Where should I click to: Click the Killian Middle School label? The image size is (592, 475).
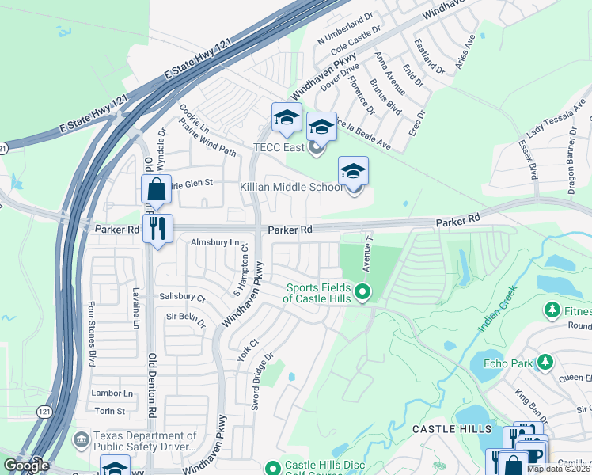tap(291, 187)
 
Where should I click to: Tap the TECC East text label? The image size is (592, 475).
tap(279, 147)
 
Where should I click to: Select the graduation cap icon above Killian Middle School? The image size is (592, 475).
tap(354, 170)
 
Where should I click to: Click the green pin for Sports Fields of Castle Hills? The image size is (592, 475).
tap(362, 292)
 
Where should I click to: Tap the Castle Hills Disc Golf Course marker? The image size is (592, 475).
tap(273, 469)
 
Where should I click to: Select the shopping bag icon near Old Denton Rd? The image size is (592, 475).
tap(156, 190)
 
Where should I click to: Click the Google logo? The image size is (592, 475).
tap(26, 465)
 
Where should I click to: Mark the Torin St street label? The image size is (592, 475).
tap(110, 411)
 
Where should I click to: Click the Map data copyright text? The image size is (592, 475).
tap(559, 469)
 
